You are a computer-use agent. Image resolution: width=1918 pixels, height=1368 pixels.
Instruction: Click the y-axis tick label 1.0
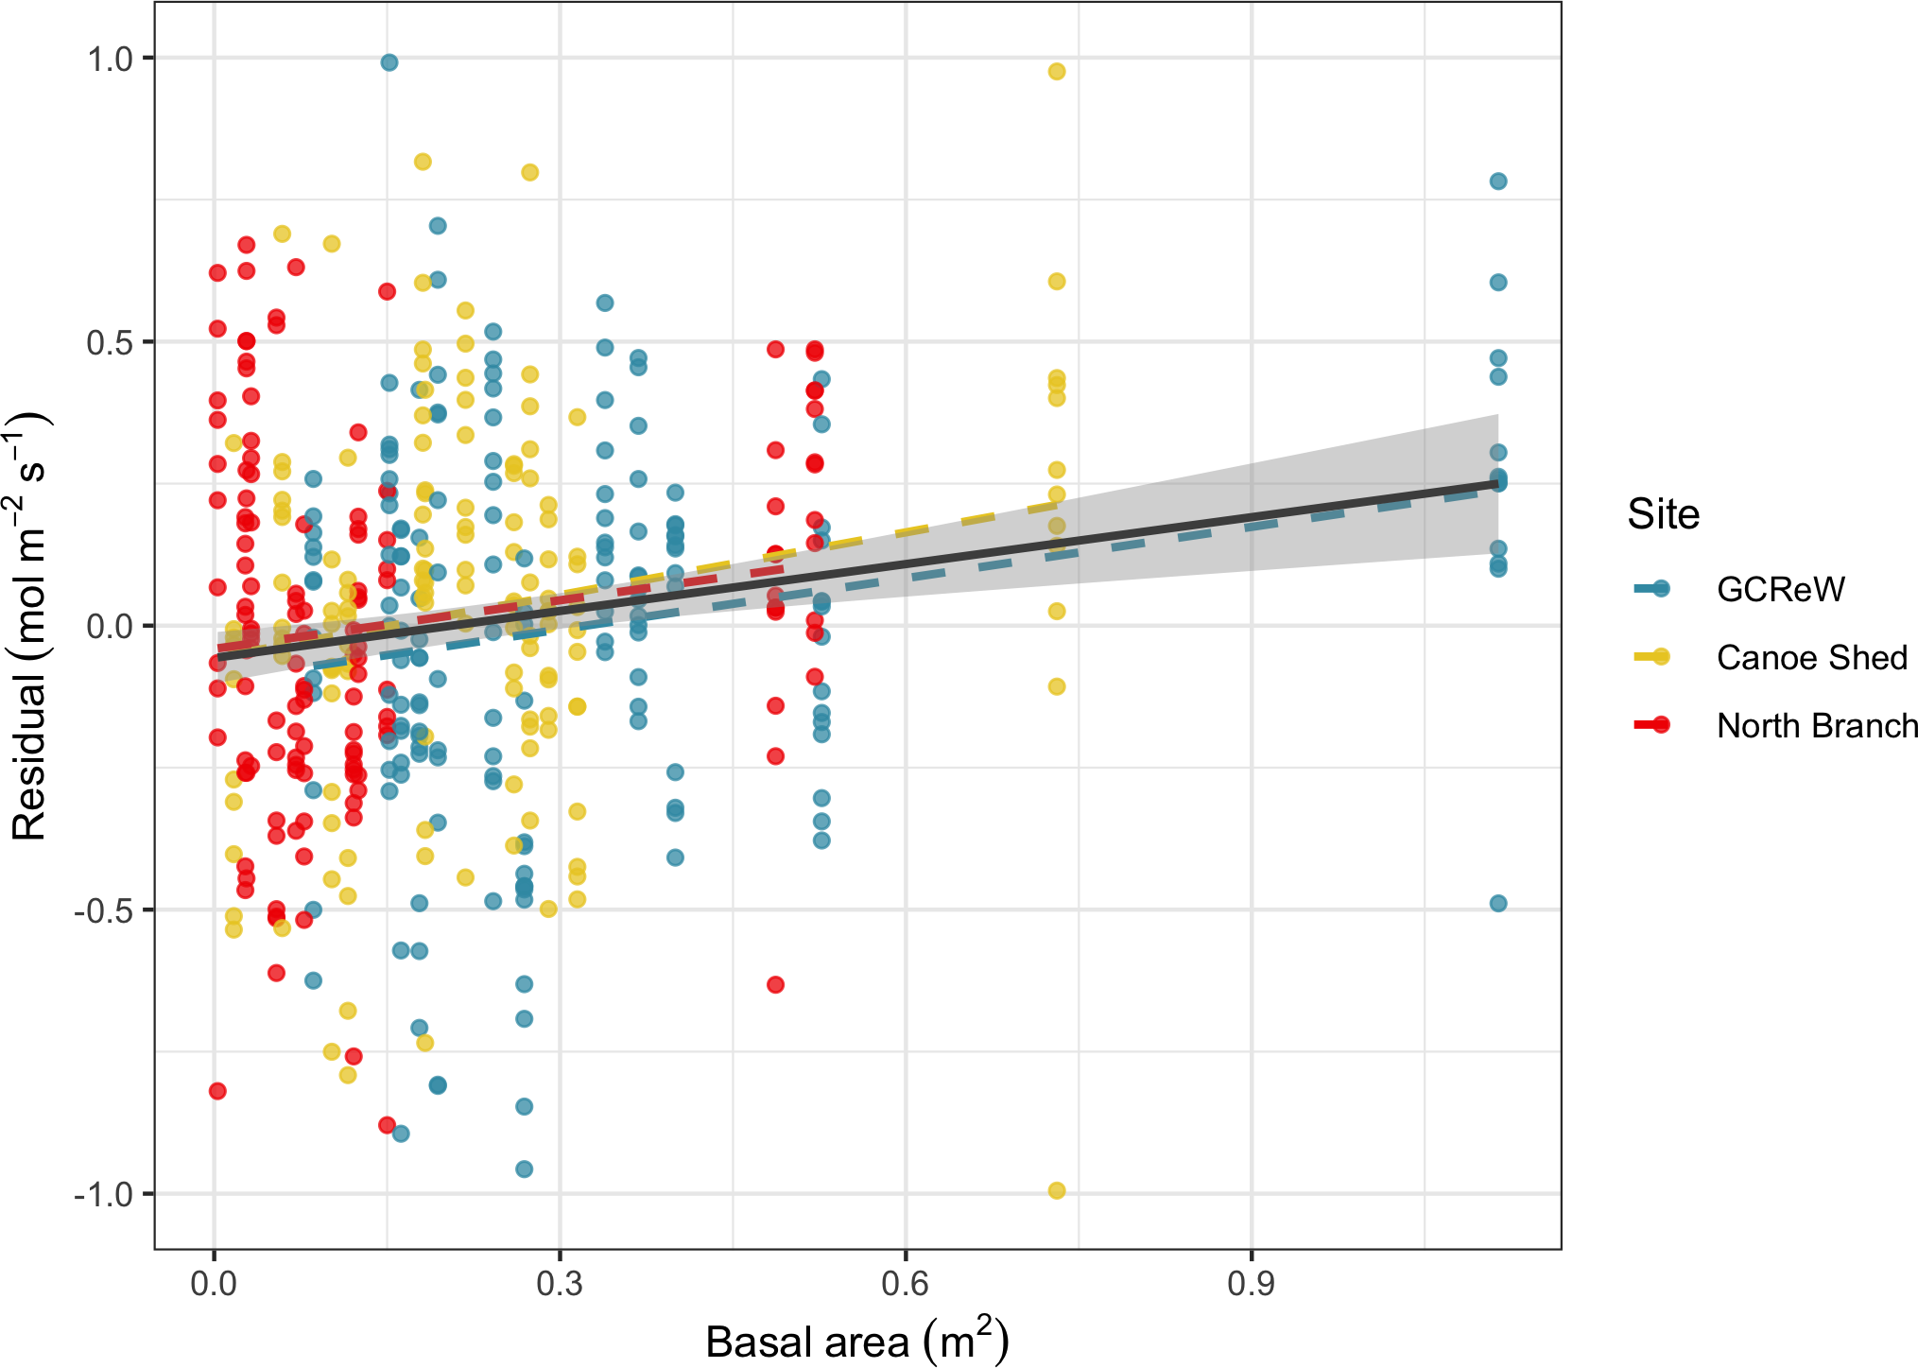pyautogui.click(x=110, y=59)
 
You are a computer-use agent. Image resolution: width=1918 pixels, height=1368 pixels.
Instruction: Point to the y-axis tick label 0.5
pyautogui.click(x=110, y=342)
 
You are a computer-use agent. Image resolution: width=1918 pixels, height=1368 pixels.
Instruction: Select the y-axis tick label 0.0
pyautogui.click(x=110, y=626)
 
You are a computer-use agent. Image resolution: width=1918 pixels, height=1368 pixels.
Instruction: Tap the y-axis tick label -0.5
pyautogui.click(x=104, y=910)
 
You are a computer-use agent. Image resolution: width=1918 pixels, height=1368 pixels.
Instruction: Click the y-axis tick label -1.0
pyautogui.click(x=104, y=1194)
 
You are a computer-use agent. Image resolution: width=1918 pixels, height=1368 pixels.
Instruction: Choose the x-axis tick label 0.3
pyautogui.click(x=560, y=1283)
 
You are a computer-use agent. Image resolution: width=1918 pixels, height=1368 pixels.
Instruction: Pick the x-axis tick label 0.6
pyautogui.click(x=906, y=1283)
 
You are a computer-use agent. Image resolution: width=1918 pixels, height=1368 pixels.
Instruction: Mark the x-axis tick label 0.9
pyautogui.click(x=1252, y=1283)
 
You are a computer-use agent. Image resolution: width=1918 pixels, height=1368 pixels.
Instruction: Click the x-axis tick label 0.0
pyautogui.click(x=214, y=1283)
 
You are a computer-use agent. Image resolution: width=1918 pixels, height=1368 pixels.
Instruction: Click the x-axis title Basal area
pyautogui.click(x=856, y=1341)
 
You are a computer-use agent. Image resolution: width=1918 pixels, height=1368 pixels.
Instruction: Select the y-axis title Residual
pyautogui.click(x=30, y=626)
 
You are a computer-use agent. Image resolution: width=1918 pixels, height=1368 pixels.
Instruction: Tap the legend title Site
pyautogui.click(x=1663, y=514)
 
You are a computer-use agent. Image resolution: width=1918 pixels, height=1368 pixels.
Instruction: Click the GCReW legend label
pyautogui.click(x=1780, y=589)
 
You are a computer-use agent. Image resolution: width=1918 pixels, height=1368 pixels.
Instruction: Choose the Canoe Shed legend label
pyautogui.click(x=1811, y=657)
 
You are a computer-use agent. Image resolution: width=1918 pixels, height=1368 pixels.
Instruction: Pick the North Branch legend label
pyautogui.click(x=1817, y=725)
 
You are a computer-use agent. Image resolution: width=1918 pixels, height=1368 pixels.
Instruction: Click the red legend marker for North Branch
pyautogui.click(x=1660, y=725)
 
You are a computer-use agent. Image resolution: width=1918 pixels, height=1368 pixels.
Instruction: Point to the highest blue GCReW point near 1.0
pyautogui.click(x=389, y=62)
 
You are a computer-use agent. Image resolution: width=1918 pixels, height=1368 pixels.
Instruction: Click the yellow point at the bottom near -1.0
pyautogui.click(x=1057, y=1190)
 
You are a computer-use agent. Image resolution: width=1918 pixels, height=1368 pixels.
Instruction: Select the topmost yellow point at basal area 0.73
pyautogui.click(x=1057, y=72)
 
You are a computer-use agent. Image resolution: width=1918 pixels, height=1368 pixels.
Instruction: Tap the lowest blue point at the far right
pyautogui.click(x=1498, y=904)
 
